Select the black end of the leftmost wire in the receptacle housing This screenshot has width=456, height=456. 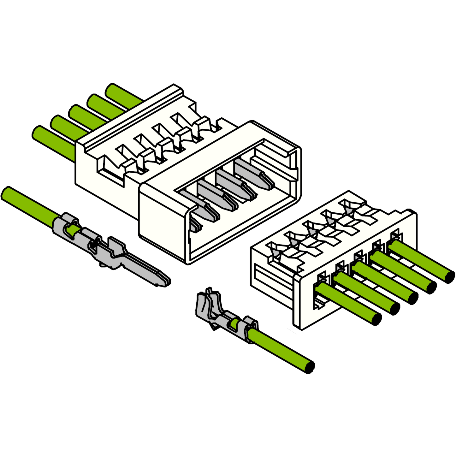[x=376, y=320]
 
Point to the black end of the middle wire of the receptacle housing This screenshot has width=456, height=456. [x=412, y=298]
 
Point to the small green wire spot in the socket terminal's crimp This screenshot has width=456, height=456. [x=234, y=323]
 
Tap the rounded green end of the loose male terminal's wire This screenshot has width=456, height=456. [x=7, y=193]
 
